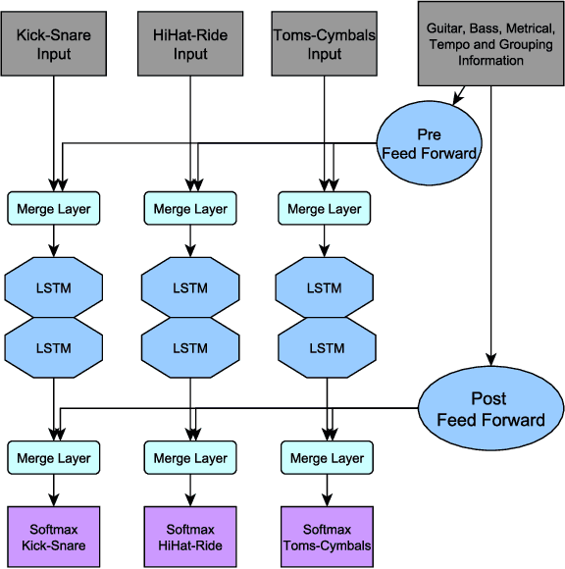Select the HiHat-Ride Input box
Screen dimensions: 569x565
(x=186, y=43)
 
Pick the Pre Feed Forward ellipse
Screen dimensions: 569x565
(x=429, y=144)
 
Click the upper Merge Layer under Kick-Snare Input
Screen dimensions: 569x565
(x=54, y=209)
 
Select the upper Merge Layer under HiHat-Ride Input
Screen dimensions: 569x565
(x=190, y=209)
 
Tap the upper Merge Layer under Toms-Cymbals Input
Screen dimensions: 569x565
(x=325, y=209)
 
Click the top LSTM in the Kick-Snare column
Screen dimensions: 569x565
(x=54, y=288)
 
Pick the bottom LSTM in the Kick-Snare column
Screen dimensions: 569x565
(x=54, y=347)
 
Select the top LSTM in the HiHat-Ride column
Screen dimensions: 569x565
(x=190, y=288)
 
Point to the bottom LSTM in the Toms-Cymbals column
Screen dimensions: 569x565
(x=325, y=347)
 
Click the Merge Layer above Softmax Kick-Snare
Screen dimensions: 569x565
(x=54, y=458)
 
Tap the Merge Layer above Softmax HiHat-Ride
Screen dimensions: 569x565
(x=190, y=458)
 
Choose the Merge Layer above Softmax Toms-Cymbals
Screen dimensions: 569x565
(x=325, y=458)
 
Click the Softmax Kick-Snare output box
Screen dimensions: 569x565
(x=54, y=538)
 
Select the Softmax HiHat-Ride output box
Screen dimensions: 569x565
(x=190, y=538)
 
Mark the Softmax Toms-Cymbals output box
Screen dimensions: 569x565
(x=325, y=538)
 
